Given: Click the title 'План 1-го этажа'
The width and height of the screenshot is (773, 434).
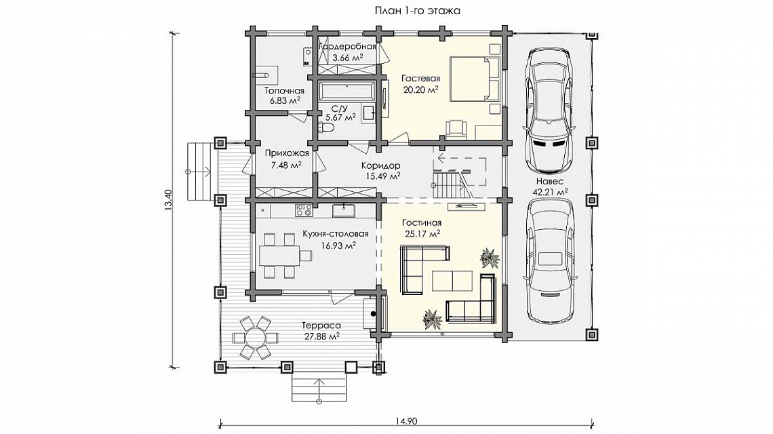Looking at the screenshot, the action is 417,10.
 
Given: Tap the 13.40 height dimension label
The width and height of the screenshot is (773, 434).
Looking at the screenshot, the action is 168,200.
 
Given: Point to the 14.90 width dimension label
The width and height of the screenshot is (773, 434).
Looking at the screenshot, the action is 406,421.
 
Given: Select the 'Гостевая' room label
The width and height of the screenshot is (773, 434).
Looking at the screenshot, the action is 420,79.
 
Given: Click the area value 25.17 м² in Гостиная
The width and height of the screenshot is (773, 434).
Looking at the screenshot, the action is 422,234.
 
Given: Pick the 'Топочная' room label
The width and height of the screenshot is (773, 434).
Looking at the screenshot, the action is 285,91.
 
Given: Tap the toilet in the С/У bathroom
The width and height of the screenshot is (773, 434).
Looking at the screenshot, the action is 326,127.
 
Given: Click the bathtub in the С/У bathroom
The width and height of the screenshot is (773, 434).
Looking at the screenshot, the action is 347,92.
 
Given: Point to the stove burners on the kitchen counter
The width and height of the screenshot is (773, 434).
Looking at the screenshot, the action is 303,211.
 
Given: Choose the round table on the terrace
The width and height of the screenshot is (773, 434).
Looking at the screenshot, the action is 254,338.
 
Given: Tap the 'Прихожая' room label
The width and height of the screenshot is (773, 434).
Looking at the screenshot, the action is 287,153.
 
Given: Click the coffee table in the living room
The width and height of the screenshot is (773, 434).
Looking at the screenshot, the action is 452,281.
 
